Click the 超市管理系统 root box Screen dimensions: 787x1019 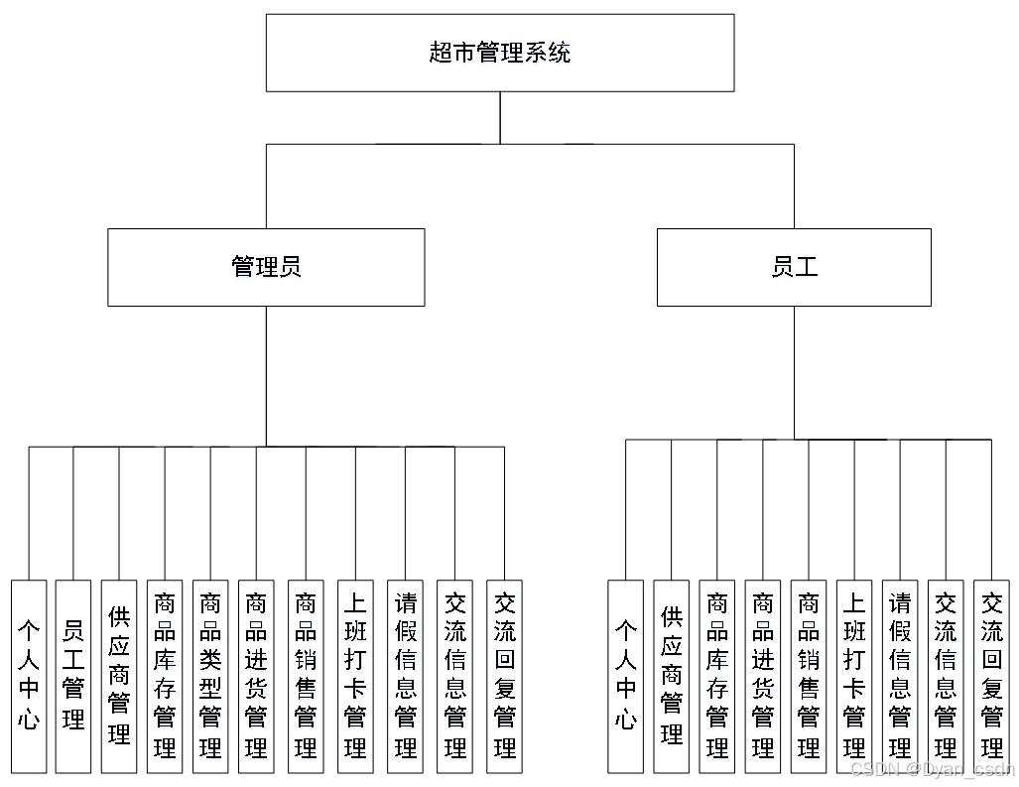coord(500,53)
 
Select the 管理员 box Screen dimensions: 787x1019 coord(266,267)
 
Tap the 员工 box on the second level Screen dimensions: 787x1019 coord(794,267)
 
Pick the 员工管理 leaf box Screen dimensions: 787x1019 coord(73,676)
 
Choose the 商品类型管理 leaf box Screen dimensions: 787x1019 coord(210,676)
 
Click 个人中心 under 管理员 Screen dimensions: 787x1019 coord(29,676)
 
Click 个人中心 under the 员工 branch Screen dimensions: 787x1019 coord(625,676)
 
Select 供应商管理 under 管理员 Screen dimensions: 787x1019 coord(119,676)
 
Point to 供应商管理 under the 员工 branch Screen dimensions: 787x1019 coord(672,676)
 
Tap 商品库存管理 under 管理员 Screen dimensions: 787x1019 coord(165,676)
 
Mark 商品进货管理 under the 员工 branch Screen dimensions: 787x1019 coord(763,676)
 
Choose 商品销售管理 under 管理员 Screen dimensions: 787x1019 coord(306,676)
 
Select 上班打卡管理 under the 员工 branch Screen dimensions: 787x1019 coord(854,676)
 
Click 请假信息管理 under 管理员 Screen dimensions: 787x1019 coord(406,676)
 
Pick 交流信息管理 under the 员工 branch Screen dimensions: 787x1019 coord(946,676)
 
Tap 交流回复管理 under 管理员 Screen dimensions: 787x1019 coord(505,676)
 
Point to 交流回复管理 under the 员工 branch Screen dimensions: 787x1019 coord(991,676)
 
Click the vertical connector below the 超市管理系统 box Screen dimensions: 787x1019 coord(500,117)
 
